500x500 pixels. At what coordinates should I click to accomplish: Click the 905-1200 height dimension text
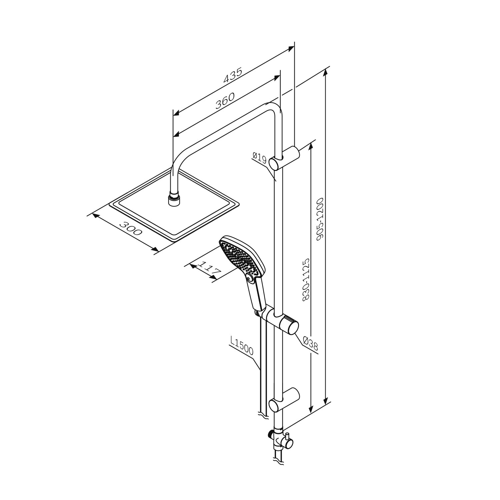click(x=320, y=218)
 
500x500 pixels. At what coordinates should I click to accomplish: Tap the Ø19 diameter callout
click(x=260, y=157)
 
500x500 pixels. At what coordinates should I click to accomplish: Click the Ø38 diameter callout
click(x=311, y=343)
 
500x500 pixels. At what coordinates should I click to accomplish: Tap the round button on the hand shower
click(x=248, y=277)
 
